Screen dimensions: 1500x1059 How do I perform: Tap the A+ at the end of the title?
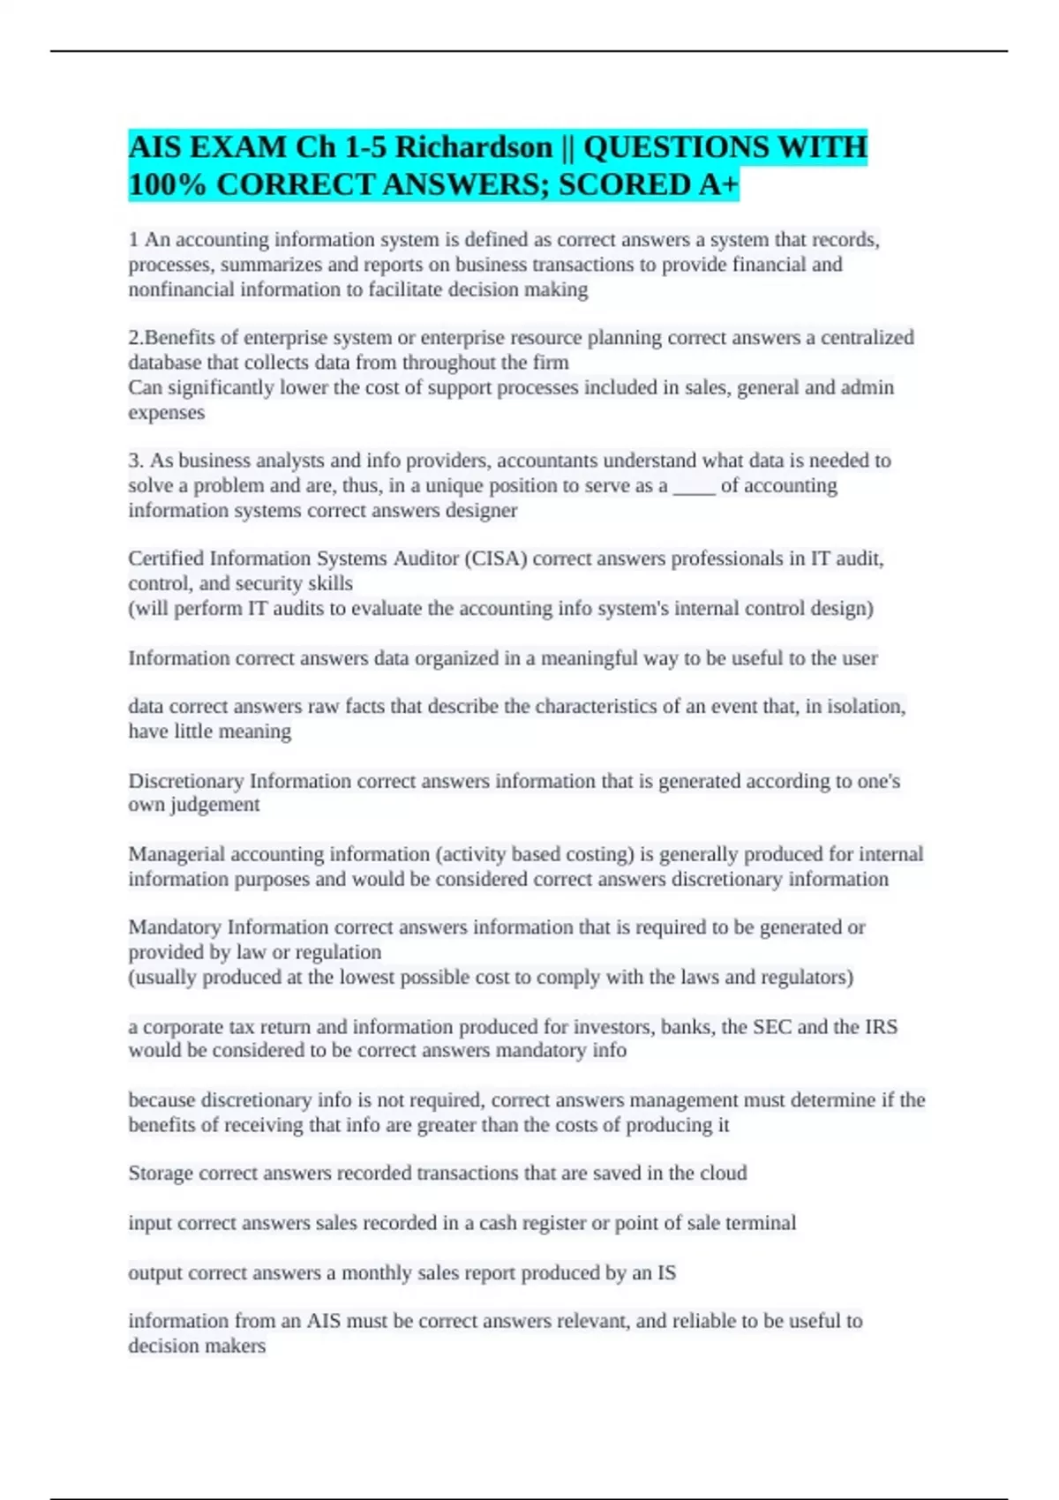point(718,184)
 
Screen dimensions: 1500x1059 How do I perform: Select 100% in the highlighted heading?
point(168,184)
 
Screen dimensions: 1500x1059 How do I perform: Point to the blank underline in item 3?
point(694,486)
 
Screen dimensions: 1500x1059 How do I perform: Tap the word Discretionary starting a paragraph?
point(185,781)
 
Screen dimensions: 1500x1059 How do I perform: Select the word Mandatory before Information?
point(175,927)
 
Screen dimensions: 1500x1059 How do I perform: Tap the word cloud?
point(723,1174)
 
